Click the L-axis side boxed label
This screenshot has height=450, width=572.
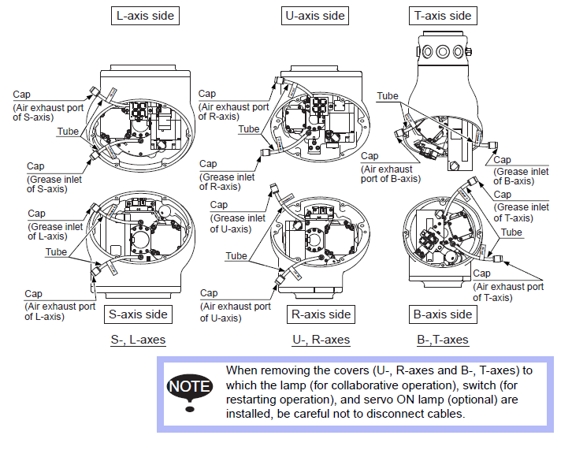[x=144, y=15]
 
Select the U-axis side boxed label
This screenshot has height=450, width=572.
[x=313, y=15]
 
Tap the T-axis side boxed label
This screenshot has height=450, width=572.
[x=442, y=15]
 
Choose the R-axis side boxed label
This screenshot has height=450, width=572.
[x=321, y=314]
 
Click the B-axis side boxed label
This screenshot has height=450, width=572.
[x=442, y=314]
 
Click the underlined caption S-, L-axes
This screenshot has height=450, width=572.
[x=139, y=340]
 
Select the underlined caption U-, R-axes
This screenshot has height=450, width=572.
[x=321, y=340]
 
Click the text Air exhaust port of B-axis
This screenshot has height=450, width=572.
[x=387, y=173]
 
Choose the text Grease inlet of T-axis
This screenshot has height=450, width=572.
[x=521, y=206]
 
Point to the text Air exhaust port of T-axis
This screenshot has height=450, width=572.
[x=508, y=292]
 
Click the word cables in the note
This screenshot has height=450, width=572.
[x=449, y=414]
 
